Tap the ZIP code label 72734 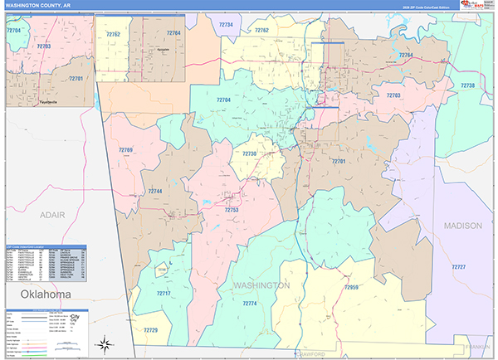pyautogui.click(x=226, y=26)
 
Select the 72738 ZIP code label pyautogui.click(x=467, y=85)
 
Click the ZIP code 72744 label pyautogui.click(x=155, y=192)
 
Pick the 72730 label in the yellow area pyautogui.click(x=249, y=154)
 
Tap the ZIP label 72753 pyautogui.click(x=232, y=210)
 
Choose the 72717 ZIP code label pyautogui.click(x=164, y=294)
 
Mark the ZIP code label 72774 pyautogui.click(x=250, y=304)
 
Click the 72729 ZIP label pyautogui.click(x=150, y=330)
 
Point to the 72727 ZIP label pyautogui.click(x=459, y=267)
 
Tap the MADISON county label pyautogui.click(x=461, y=226)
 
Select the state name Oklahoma pyautogui.click(x=37, y=294)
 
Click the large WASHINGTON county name pyautogui.click(x=261, y=285)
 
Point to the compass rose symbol pyautogui.click(x=105, y=343)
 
